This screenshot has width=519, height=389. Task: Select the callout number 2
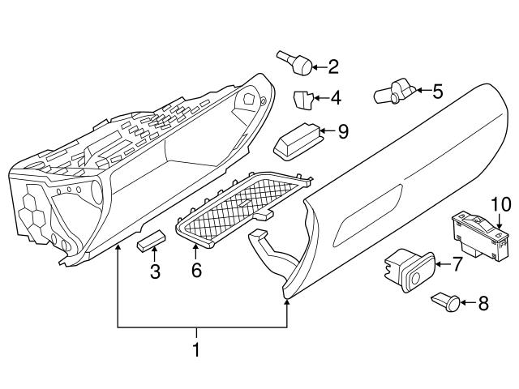(332, 66)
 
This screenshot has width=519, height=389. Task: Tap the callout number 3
(154, 271)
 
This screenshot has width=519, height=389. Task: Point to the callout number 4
(335, 99)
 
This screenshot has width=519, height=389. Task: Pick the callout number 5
(437, 91)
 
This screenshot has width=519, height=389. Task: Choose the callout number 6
(195, 270)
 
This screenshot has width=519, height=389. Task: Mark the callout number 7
(456, 263)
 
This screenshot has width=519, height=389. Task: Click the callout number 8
(483, 305)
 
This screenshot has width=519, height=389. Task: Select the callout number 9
(342, 130)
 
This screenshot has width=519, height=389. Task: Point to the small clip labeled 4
(302, 100)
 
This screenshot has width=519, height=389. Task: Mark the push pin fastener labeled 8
(444, 302)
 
